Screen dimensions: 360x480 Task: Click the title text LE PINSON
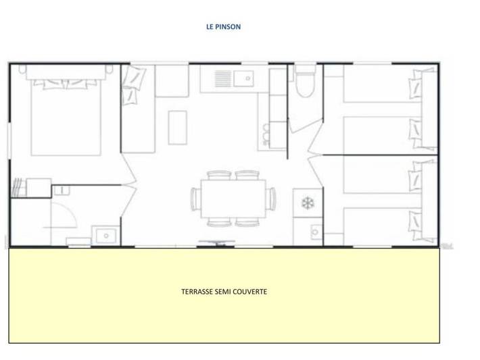pyautogui.click(x=223, y=28)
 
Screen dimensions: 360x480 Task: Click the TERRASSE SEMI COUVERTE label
pyautogui.click(x=224, y=292)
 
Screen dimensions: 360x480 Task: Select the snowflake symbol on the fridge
pyautogui.click(x=307, y=203)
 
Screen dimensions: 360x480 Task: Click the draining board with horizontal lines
pyautogui.click(x=223, y=78)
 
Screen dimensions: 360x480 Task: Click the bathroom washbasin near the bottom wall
pyautogui.click(x=105, y=236)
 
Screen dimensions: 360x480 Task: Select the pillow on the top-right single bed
pyautogui.click(x=414, y=86)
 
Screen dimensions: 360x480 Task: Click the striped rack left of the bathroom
pyautogui.click(x=17, y=188)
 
